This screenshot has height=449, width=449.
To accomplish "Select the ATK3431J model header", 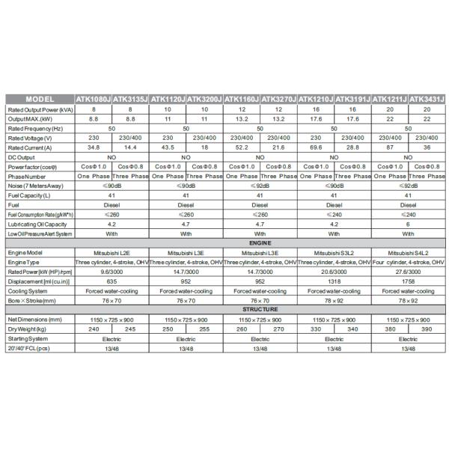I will pos(427,99).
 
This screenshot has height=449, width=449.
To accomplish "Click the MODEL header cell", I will pos(40,99).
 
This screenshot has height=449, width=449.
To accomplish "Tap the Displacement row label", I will pos(39,281).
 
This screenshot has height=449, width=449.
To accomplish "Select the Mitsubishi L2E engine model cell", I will pos(112,254).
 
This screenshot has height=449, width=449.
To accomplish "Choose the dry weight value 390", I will pos(427,328).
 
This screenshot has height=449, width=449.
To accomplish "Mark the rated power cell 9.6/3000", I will pos(112,272).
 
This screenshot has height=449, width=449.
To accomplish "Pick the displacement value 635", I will pos(112,281).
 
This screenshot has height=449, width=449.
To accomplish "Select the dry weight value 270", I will pos(278,328).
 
